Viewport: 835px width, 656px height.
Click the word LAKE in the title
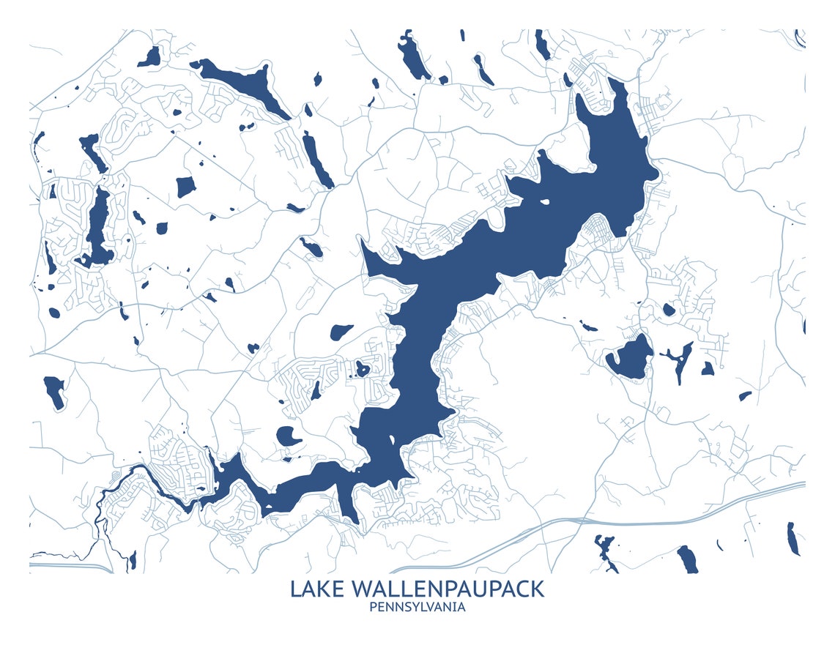318,589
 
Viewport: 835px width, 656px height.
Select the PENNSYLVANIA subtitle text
417,607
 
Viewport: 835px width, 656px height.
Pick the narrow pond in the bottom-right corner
792,539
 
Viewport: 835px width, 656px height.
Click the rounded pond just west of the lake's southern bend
288,437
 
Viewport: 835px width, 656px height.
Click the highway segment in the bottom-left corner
70,565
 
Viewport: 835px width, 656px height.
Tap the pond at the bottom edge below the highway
687,559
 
